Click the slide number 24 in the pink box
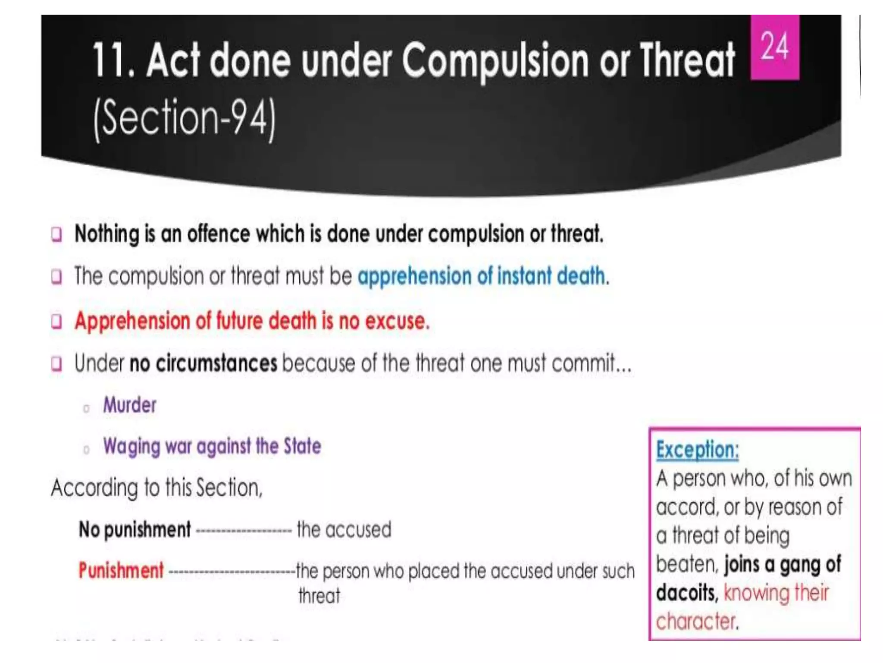tap(774, 47)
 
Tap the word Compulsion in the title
tap(495, 60)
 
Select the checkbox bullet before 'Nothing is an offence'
tap(56, 234)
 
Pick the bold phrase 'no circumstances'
tap(203, 363)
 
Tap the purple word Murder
tap(129, 405)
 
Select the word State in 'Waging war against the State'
tap(302, 446)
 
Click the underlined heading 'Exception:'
tap(697, 450)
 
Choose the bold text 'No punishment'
tap(135, 530)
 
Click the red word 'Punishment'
tap(121, 570)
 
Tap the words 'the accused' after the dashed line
tap(344, 530)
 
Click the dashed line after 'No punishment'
tap(244, 530)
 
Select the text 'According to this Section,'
tap(157, 488)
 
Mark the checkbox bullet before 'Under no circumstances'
tap(56, 363)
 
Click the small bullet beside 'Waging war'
tap(86, 450)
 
